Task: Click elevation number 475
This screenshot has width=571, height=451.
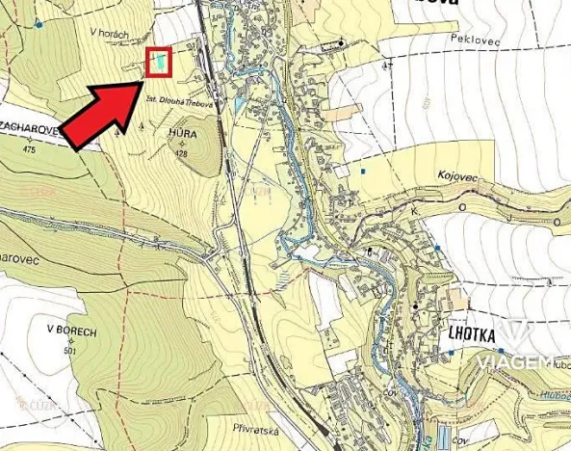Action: point(27,150)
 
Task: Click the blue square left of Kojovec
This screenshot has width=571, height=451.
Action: point(363,172)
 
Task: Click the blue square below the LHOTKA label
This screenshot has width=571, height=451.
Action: point(451,354)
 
